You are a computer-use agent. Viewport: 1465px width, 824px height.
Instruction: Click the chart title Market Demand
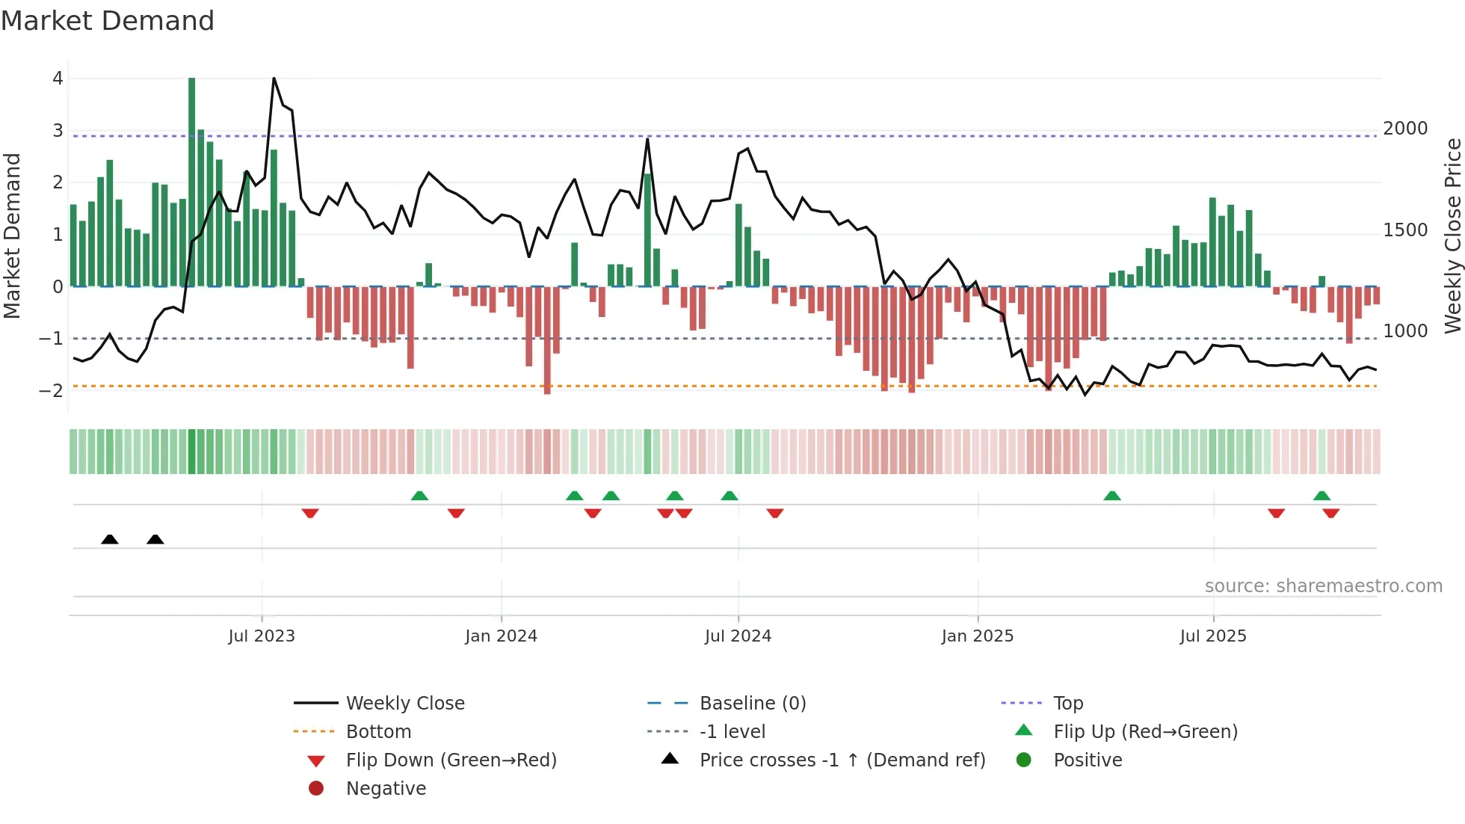108,21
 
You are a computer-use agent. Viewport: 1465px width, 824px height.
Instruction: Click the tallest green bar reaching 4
192,179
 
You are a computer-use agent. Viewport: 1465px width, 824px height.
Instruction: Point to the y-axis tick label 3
58,131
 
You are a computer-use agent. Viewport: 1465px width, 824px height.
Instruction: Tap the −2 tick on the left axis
51,390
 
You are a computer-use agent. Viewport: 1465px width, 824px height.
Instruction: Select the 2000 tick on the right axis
1405,129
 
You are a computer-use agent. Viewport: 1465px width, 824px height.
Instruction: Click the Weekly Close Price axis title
1452,236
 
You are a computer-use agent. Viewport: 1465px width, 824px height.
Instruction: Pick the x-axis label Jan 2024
501,636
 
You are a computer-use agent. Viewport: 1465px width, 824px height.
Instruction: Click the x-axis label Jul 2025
1213,636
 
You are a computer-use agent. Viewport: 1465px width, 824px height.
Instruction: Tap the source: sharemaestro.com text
1323,586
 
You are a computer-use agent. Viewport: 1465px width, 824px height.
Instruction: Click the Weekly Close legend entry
404,704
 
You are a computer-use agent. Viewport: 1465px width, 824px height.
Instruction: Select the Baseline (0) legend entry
752,704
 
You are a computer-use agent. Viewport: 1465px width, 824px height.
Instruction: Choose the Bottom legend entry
378,732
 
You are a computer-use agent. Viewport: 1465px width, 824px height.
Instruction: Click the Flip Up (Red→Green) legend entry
1145,732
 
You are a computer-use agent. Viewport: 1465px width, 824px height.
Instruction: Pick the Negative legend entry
386,789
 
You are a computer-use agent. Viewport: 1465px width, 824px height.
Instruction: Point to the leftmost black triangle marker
110,540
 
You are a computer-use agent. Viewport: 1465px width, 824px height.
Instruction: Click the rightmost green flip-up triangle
1321,496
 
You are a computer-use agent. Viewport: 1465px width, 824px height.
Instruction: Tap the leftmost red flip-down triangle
310,513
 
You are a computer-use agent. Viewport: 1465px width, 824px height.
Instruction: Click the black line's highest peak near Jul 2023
274,79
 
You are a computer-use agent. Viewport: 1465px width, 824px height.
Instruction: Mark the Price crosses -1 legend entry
842,760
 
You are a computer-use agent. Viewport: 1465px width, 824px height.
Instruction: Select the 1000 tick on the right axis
1405,331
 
